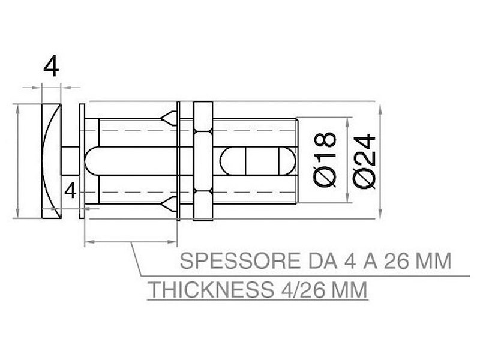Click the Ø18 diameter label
[x=325, y=159]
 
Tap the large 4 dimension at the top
[x=52, y=68]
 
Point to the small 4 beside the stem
[x=71, y=191]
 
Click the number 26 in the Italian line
[x=398, y=262]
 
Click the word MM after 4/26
[x=349, y=290]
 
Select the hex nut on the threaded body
[x=202, y=161]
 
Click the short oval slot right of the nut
[x=258, y=161]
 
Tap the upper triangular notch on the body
[x=170, y=116]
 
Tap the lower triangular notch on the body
[x=170, y=205]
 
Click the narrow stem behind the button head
[x=68, y=161]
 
